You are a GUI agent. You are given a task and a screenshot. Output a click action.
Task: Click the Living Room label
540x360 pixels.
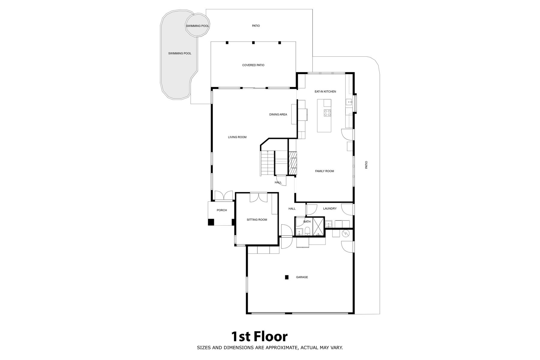click(237, 137)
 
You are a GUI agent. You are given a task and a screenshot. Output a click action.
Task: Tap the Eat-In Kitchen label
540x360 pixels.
click(325, 91)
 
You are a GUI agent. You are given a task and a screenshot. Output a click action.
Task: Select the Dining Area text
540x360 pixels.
click(278, 114)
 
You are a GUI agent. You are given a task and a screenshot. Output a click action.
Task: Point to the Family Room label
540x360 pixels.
click(324, 171)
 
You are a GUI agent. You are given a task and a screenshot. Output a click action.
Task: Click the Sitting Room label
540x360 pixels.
click(257, 220)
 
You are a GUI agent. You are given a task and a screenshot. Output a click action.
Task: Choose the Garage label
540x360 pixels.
click(302, 277)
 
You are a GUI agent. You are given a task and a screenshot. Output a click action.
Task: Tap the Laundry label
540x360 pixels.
click(330, 208)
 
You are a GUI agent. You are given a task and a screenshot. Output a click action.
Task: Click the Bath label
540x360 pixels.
click(307, 222)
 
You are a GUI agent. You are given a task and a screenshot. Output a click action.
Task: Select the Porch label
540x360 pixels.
click(222, 210)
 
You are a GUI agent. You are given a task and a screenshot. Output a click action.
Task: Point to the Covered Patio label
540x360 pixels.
click(253, 65)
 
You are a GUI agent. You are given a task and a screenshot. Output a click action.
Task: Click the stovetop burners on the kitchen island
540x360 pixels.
click(327, 113)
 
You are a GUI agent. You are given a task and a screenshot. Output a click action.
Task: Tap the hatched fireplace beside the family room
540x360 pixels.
click(293, 163)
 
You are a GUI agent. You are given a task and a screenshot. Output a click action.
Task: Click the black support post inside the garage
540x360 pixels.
click(287, 277)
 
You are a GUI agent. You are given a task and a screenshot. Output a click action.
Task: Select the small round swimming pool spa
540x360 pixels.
click(197, 25)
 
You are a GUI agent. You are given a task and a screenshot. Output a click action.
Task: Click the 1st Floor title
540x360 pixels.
click(259, 337)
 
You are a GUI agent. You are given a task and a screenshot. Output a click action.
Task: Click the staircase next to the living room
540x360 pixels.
click(268, 163)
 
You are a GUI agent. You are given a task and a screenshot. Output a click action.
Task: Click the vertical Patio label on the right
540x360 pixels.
click(366, 165)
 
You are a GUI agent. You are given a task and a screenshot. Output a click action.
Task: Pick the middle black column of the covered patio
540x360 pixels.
click(253, 43)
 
